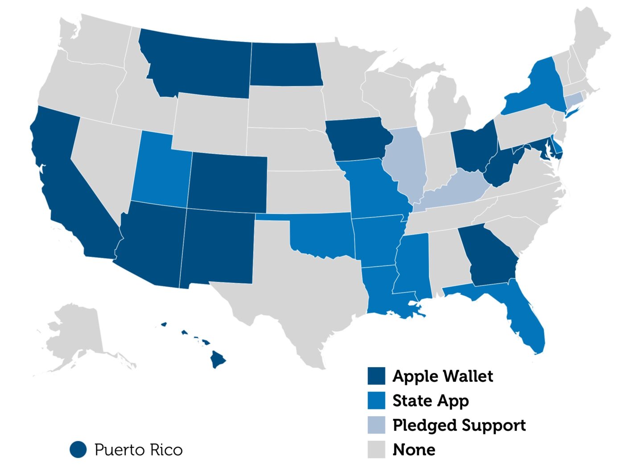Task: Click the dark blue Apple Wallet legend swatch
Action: (376, 376)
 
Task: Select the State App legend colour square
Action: (376, 401)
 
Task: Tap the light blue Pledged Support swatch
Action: (376, 425)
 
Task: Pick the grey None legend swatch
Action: (376, 449)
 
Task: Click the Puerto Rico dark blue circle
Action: (78, 449)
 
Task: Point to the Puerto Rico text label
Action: (139, 450)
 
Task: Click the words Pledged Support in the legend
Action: (459, 425)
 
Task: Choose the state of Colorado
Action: (227, 183)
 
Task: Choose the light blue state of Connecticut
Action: (573, 99)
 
